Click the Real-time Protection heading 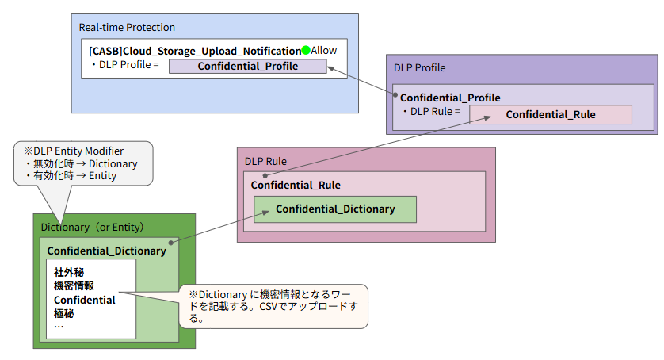pos(127,28)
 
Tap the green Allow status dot pos(306,51)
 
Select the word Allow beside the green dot pos(323,51)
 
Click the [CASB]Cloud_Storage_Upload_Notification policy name pos(195,51)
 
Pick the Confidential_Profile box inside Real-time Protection pos(247,67)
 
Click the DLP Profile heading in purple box pos(419,68)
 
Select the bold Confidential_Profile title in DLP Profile pos(450,98)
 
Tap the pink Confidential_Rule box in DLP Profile pos(550,115)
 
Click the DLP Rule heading pos(265,161)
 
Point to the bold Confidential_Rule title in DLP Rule pos(296,186)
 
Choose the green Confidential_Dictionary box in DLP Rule pos(334,209)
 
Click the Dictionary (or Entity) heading pos(92,228)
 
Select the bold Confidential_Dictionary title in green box pos(106,251)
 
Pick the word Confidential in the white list pos(84,300)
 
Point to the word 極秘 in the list pos(63,313)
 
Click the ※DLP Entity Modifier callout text pos(73,151)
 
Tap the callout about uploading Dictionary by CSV pos(273,305)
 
